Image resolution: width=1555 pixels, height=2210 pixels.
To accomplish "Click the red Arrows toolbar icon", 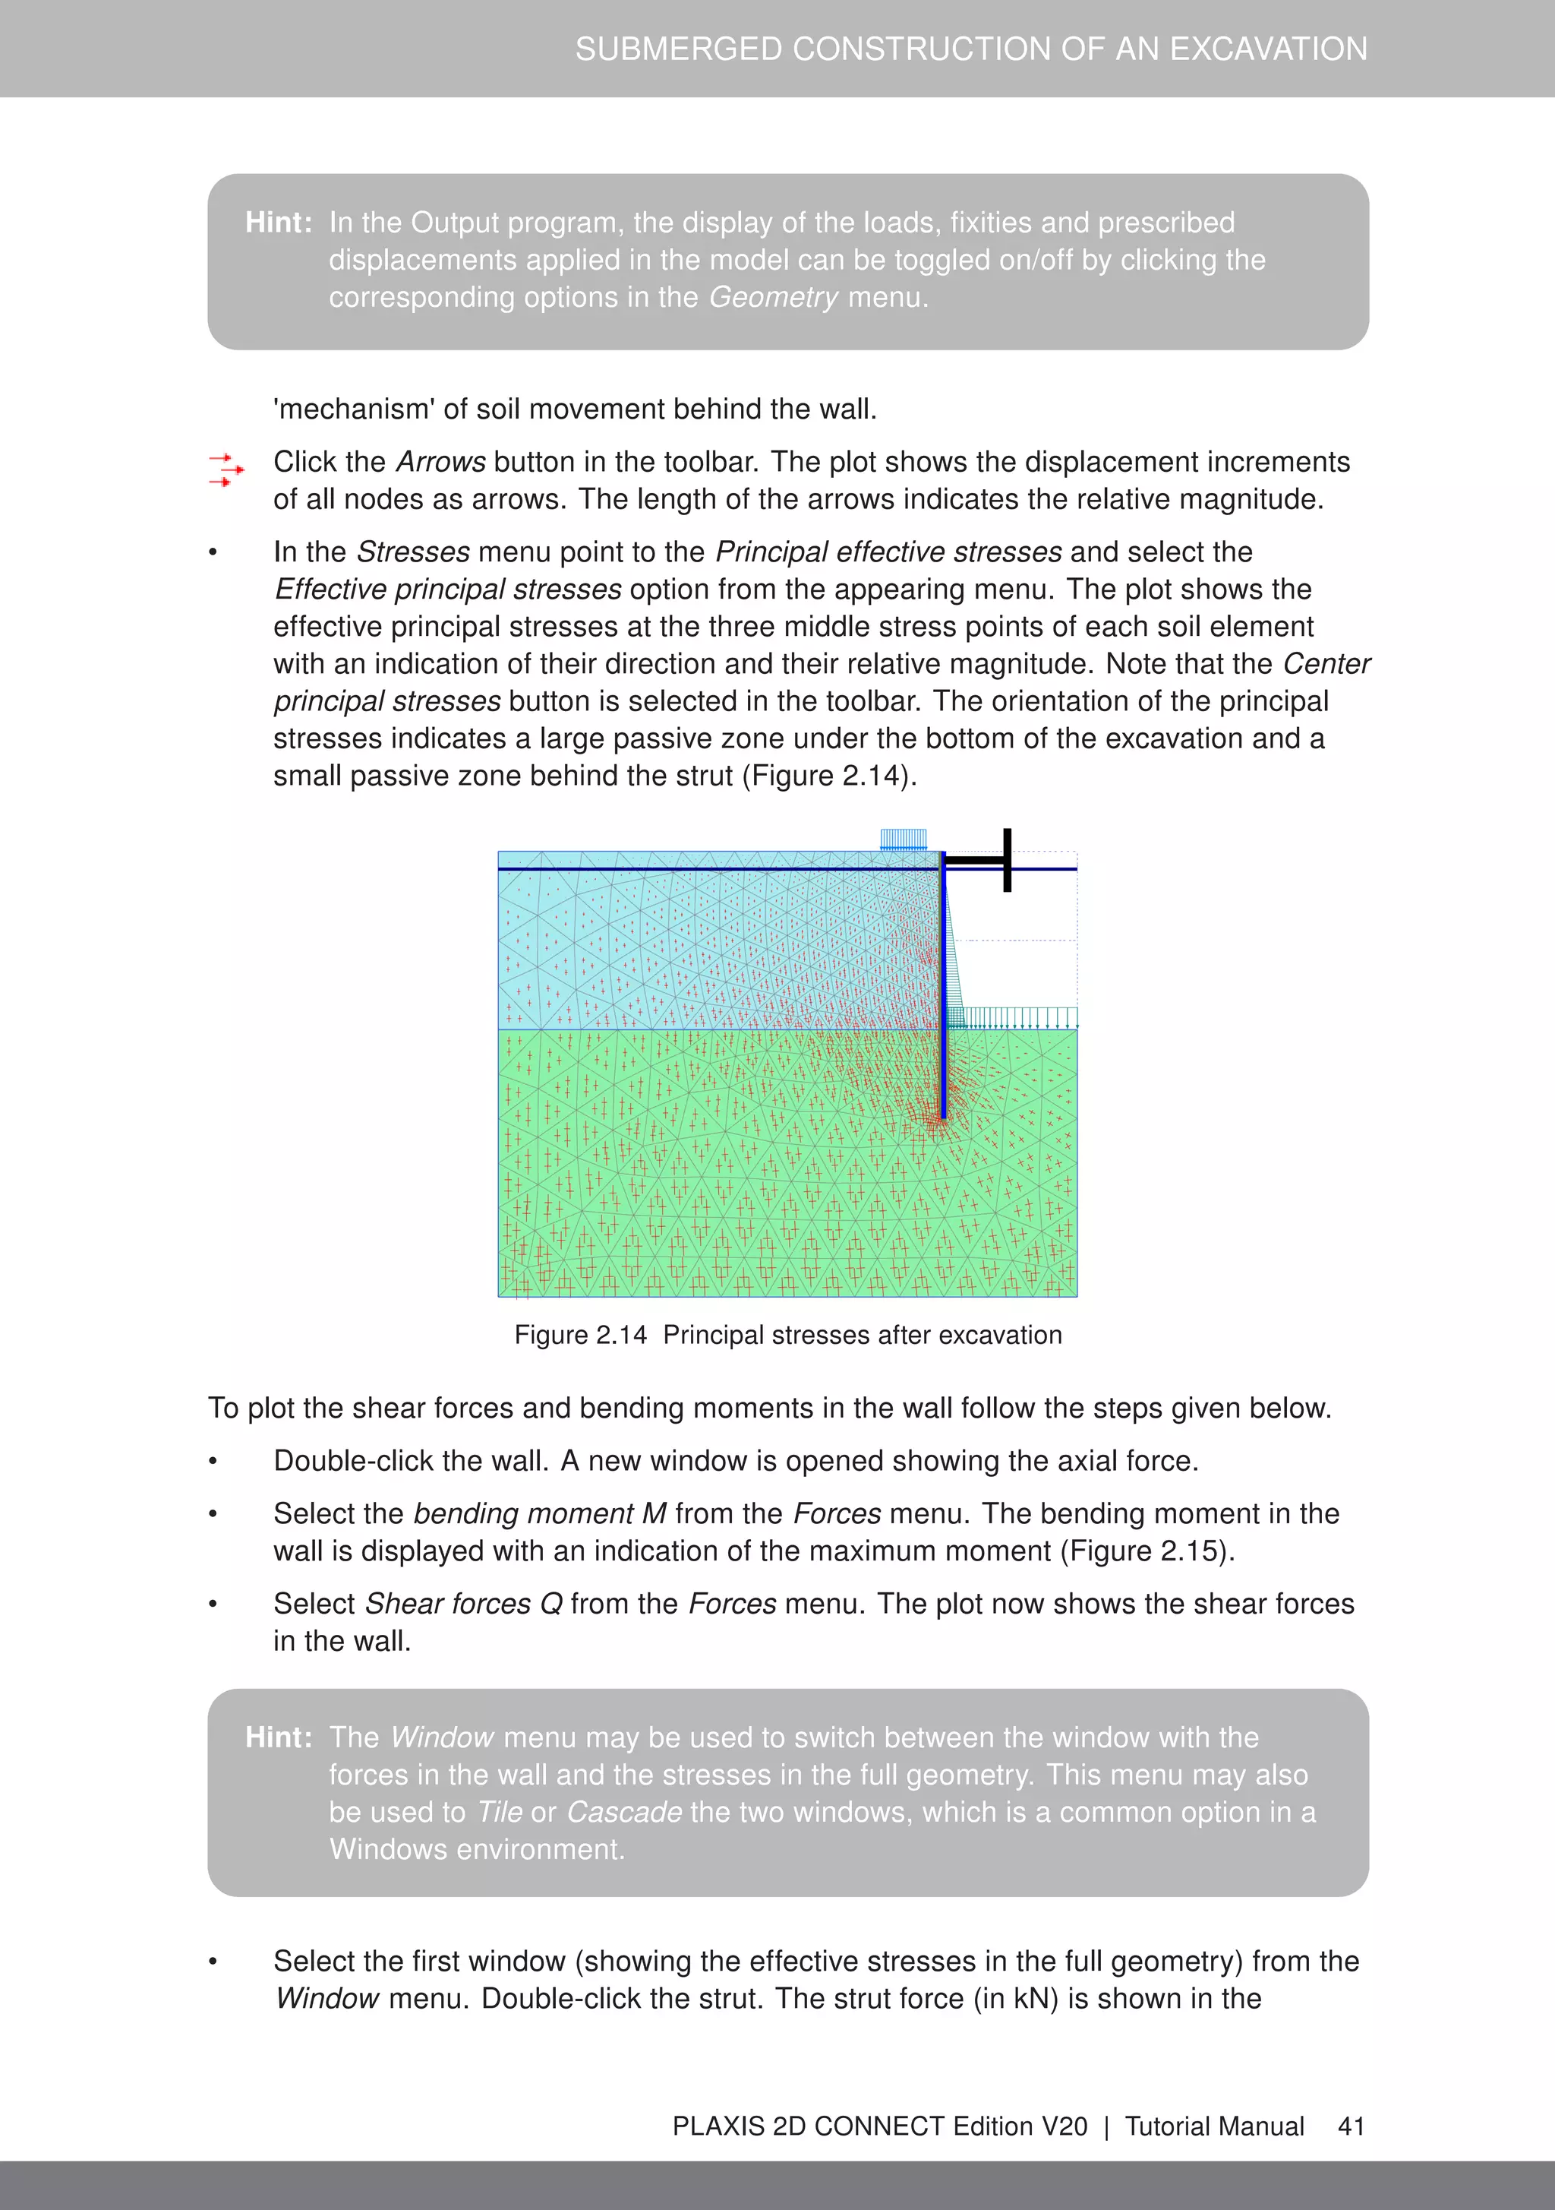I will [227, 470].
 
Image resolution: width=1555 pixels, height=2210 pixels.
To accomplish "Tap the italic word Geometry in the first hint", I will [774, 297].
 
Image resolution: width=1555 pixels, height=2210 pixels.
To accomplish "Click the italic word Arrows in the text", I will [440, 462].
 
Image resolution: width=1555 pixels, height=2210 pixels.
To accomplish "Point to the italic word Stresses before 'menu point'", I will [413, 552].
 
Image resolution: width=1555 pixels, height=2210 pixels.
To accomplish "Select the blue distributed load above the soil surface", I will [904, 839].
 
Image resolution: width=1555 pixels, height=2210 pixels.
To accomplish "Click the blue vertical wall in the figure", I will [944, 991].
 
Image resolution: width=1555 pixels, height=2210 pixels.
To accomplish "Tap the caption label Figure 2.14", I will [580, 1335].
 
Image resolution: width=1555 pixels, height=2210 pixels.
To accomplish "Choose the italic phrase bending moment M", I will [540, 1514].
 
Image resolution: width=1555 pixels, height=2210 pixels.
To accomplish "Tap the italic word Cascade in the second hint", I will [624, 1813].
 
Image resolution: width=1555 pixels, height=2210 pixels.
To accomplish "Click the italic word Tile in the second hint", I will [500, 1813].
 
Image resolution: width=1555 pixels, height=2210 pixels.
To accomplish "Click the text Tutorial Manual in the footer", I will [1214, 2126].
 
